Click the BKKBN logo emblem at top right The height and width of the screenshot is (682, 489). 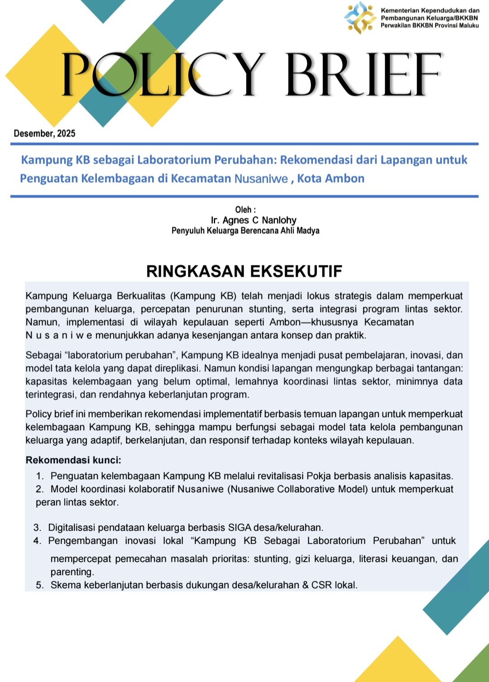360,18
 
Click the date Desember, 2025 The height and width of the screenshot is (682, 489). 44,134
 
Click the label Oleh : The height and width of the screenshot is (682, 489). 245,210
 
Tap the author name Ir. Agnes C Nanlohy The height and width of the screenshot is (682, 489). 254,221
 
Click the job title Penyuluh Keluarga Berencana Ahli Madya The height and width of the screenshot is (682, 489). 245,231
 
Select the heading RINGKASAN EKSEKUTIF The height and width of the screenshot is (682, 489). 244,271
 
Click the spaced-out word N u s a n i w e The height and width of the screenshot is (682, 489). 59,336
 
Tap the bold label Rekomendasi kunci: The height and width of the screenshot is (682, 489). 73,461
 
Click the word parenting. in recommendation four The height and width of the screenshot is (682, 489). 72,572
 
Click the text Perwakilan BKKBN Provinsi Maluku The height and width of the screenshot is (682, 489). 429,26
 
